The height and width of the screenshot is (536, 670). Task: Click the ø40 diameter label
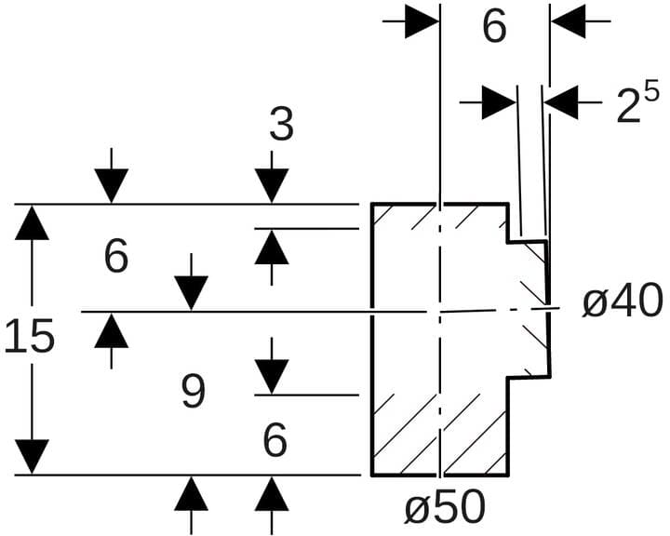pyautogui.click(x=623, y=301)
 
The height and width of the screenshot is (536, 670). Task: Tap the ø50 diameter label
pyautogui.click(x=444, y=508)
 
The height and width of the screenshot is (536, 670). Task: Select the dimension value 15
pyautogui.click(x=30, y=337)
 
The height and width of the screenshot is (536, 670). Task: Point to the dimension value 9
pyautogui.click(x=193, y=392)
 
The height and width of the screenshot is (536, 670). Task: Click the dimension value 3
pyautogui.click(x=281, y=125)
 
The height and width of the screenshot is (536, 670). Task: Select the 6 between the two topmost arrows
pyautogui.click(x=494, y=27)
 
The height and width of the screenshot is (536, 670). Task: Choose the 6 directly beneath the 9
pyautogui.click(x=275, y=439)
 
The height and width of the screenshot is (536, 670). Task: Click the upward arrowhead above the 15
pyautogui.click(x=32, y=223)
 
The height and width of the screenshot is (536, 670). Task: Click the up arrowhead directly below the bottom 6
pyautogui.click(x=272, y=493)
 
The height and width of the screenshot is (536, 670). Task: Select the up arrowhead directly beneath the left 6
pyautogui.click(x=112, y=330)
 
